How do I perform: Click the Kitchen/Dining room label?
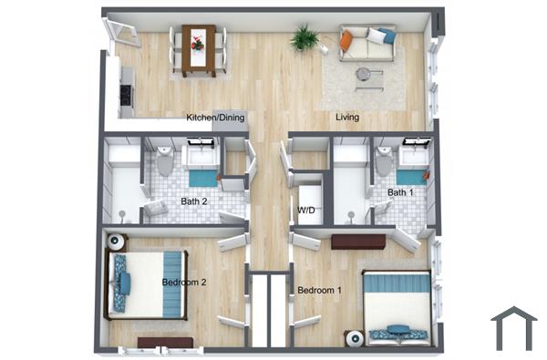click(215, 118)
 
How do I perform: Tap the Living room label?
click(346, 118)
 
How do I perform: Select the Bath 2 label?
click(194, 201)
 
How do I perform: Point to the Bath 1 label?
click(400, 192)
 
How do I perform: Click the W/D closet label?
click(306, 211)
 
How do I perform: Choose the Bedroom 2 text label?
click(184, 282)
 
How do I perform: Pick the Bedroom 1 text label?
click(320, 291)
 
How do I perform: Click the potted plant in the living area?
click(304, 38)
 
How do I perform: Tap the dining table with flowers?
click(198, 48)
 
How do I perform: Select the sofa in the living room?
click(367, 42)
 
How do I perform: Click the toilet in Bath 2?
click(164, 162)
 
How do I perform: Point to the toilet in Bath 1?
click(384, 162)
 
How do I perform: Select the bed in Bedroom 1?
click(397, 303)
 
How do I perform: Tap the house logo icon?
click(513, 327)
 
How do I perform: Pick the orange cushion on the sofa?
click(347, 39)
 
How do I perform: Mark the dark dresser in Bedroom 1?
click(357, 242)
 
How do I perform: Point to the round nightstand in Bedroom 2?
click(117, 242)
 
